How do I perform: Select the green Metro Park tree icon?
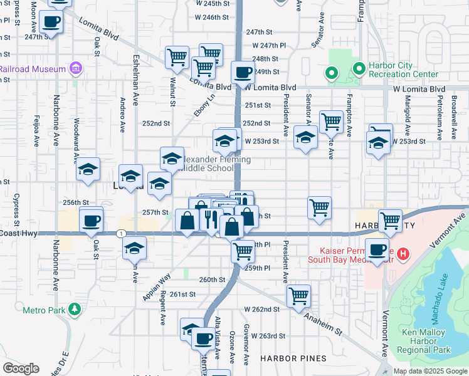75,309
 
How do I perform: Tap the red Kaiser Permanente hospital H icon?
403,254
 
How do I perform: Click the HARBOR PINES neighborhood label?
293,358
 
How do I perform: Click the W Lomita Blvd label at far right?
419,89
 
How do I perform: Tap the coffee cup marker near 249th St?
243,72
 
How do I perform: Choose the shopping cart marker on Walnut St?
177,57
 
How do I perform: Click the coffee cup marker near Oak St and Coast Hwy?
92,220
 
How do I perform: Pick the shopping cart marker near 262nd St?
299,295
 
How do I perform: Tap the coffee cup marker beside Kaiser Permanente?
377,249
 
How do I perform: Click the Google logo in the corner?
21,368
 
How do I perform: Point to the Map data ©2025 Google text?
429,371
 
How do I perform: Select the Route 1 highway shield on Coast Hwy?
119,233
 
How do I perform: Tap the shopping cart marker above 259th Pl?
243,251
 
